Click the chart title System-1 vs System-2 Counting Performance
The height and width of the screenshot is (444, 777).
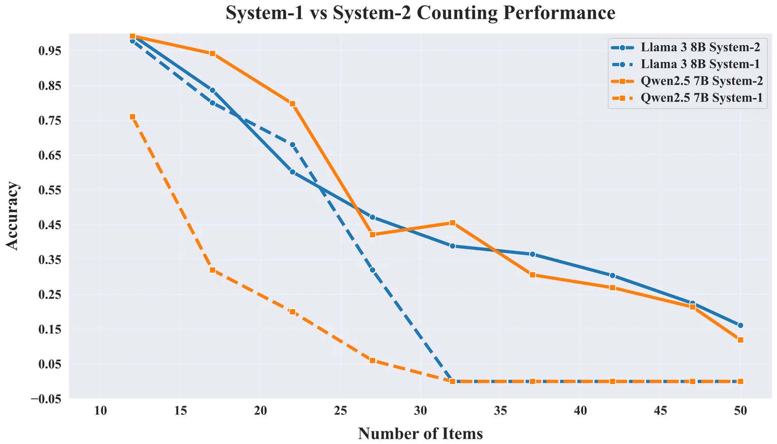click(420, 13)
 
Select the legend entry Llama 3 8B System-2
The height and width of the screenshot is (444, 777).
click(700, 48)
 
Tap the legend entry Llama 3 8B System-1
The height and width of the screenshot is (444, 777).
click(700, 64)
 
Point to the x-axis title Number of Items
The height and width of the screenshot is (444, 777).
click(420, 433)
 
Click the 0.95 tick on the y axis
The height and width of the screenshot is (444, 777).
click(50, 51)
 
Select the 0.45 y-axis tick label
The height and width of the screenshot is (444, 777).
click(50, 225)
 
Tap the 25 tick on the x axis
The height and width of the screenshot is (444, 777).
click(341, 411)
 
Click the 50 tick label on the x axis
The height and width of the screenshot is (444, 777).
click(740, 411)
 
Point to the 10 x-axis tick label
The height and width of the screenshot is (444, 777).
click(100, 411)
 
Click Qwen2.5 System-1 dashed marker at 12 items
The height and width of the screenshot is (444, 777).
click(132, 117)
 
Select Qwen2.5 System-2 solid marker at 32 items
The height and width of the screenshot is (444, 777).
click(452, 223)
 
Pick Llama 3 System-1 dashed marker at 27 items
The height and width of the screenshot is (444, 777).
click(373, 270)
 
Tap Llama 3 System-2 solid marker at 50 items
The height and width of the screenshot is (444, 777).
click(740, 325)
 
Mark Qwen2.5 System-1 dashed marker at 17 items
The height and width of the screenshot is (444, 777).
click(213, 270)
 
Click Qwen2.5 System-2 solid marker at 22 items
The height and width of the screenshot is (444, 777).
click(292, 103)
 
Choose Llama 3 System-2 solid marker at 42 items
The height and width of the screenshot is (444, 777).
click(613, 276)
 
